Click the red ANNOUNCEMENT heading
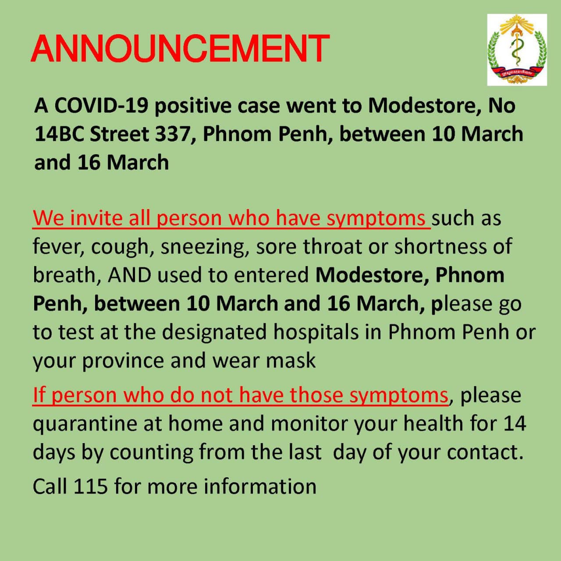180,49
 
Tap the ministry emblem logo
517,50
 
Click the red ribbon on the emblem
517,73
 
